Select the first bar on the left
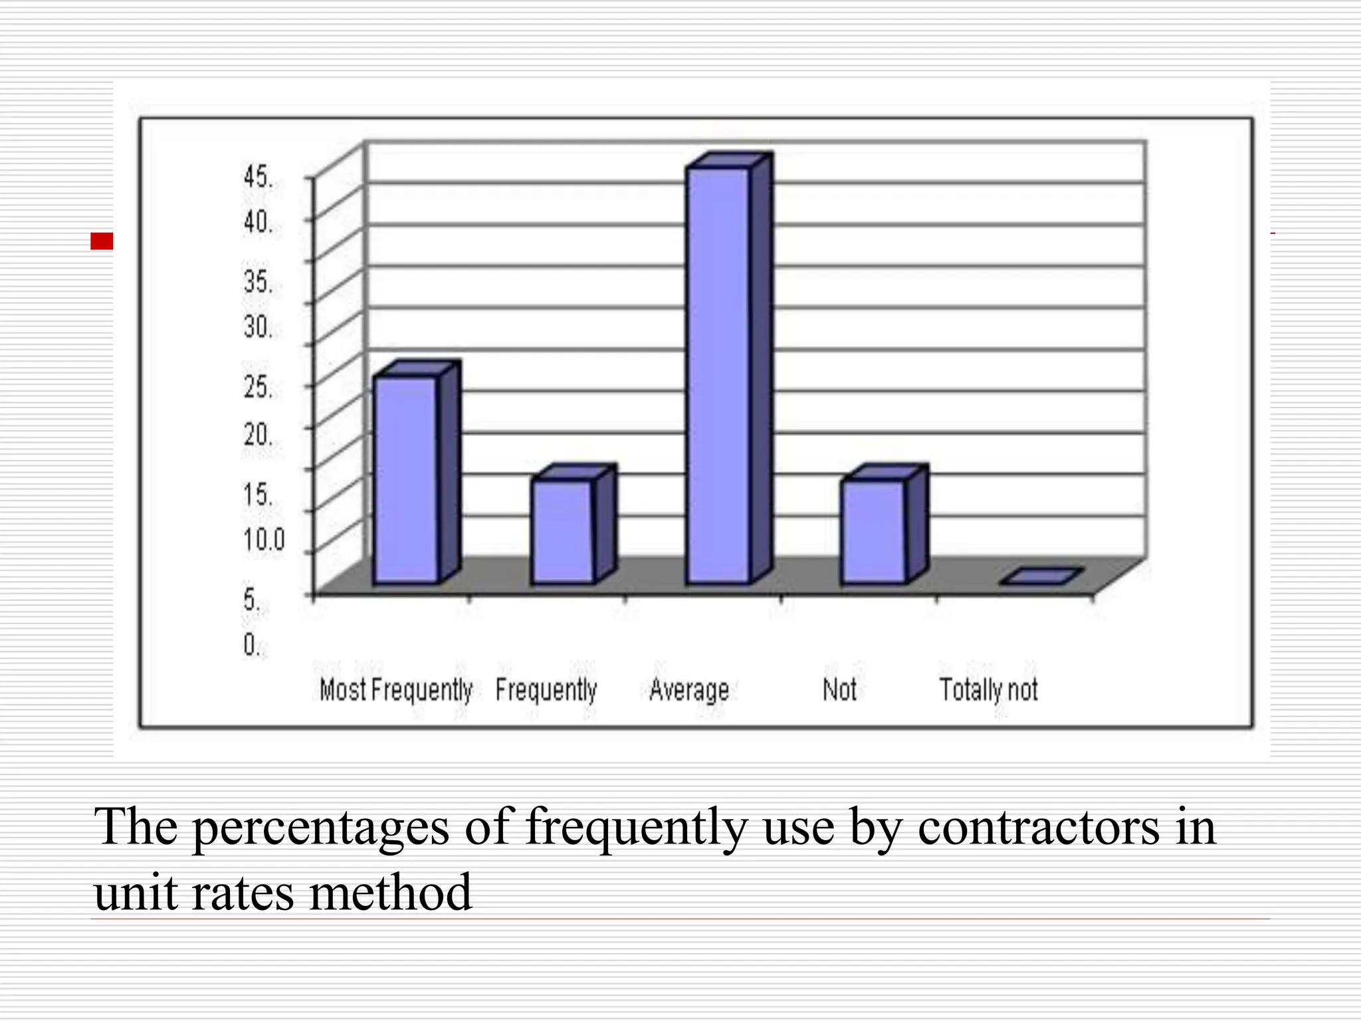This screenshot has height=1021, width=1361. click(x=405, y=479)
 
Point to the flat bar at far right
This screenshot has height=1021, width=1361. click(x=1041, y=577)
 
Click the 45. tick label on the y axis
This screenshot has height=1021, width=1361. click(x=258, y=177)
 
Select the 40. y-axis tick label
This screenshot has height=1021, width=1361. click(x=258, y=222)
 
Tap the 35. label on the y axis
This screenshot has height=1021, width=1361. click(x=258, y=283)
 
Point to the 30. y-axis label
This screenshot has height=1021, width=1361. click(x=258, y=327)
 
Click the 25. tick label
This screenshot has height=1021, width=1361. click(x=258, y=388)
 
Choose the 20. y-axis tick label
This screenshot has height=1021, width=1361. click(x=258, y=435)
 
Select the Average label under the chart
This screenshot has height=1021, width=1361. click(x=689, y=690)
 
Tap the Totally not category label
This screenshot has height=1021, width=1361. click(x=988, y=690)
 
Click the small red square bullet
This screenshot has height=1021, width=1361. click(x=102, y=241)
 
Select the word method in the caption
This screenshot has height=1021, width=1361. click(x=391, y=892)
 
